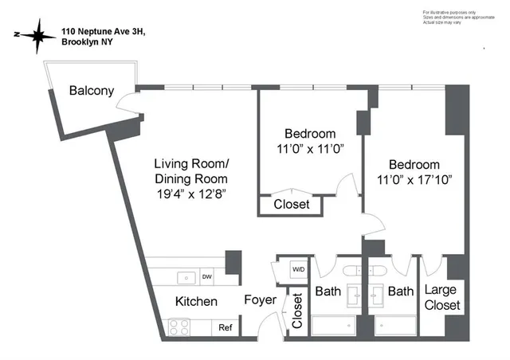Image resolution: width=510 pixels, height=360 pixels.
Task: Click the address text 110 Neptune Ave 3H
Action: click(x=104, y=32)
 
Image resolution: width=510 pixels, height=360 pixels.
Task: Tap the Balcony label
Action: click(x=89, y=90)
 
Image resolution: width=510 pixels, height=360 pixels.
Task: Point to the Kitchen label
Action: click(x=196, y=302)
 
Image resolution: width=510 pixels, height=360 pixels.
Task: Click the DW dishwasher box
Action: click(x=206, y=277)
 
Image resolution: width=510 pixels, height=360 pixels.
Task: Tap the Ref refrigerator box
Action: click(x=226, y=327)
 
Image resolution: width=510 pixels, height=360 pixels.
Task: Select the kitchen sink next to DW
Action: click(x=187, y=278)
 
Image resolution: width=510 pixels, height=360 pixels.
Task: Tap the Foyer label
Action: click(x=261, y=300)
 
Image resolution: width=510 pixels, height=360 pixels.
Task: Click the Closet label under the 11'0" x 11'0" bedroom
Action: click(x=292, y=205)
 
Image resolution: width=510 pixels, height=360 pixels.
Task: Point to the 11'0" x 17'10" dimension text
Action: click(x=414, y=180)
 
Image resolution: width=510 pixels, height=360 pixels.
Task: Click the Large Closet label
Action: click(x=441, y=298)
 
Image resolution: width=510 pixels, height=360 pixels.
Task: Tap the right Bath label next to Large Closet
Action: click(x=402, y=292)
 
